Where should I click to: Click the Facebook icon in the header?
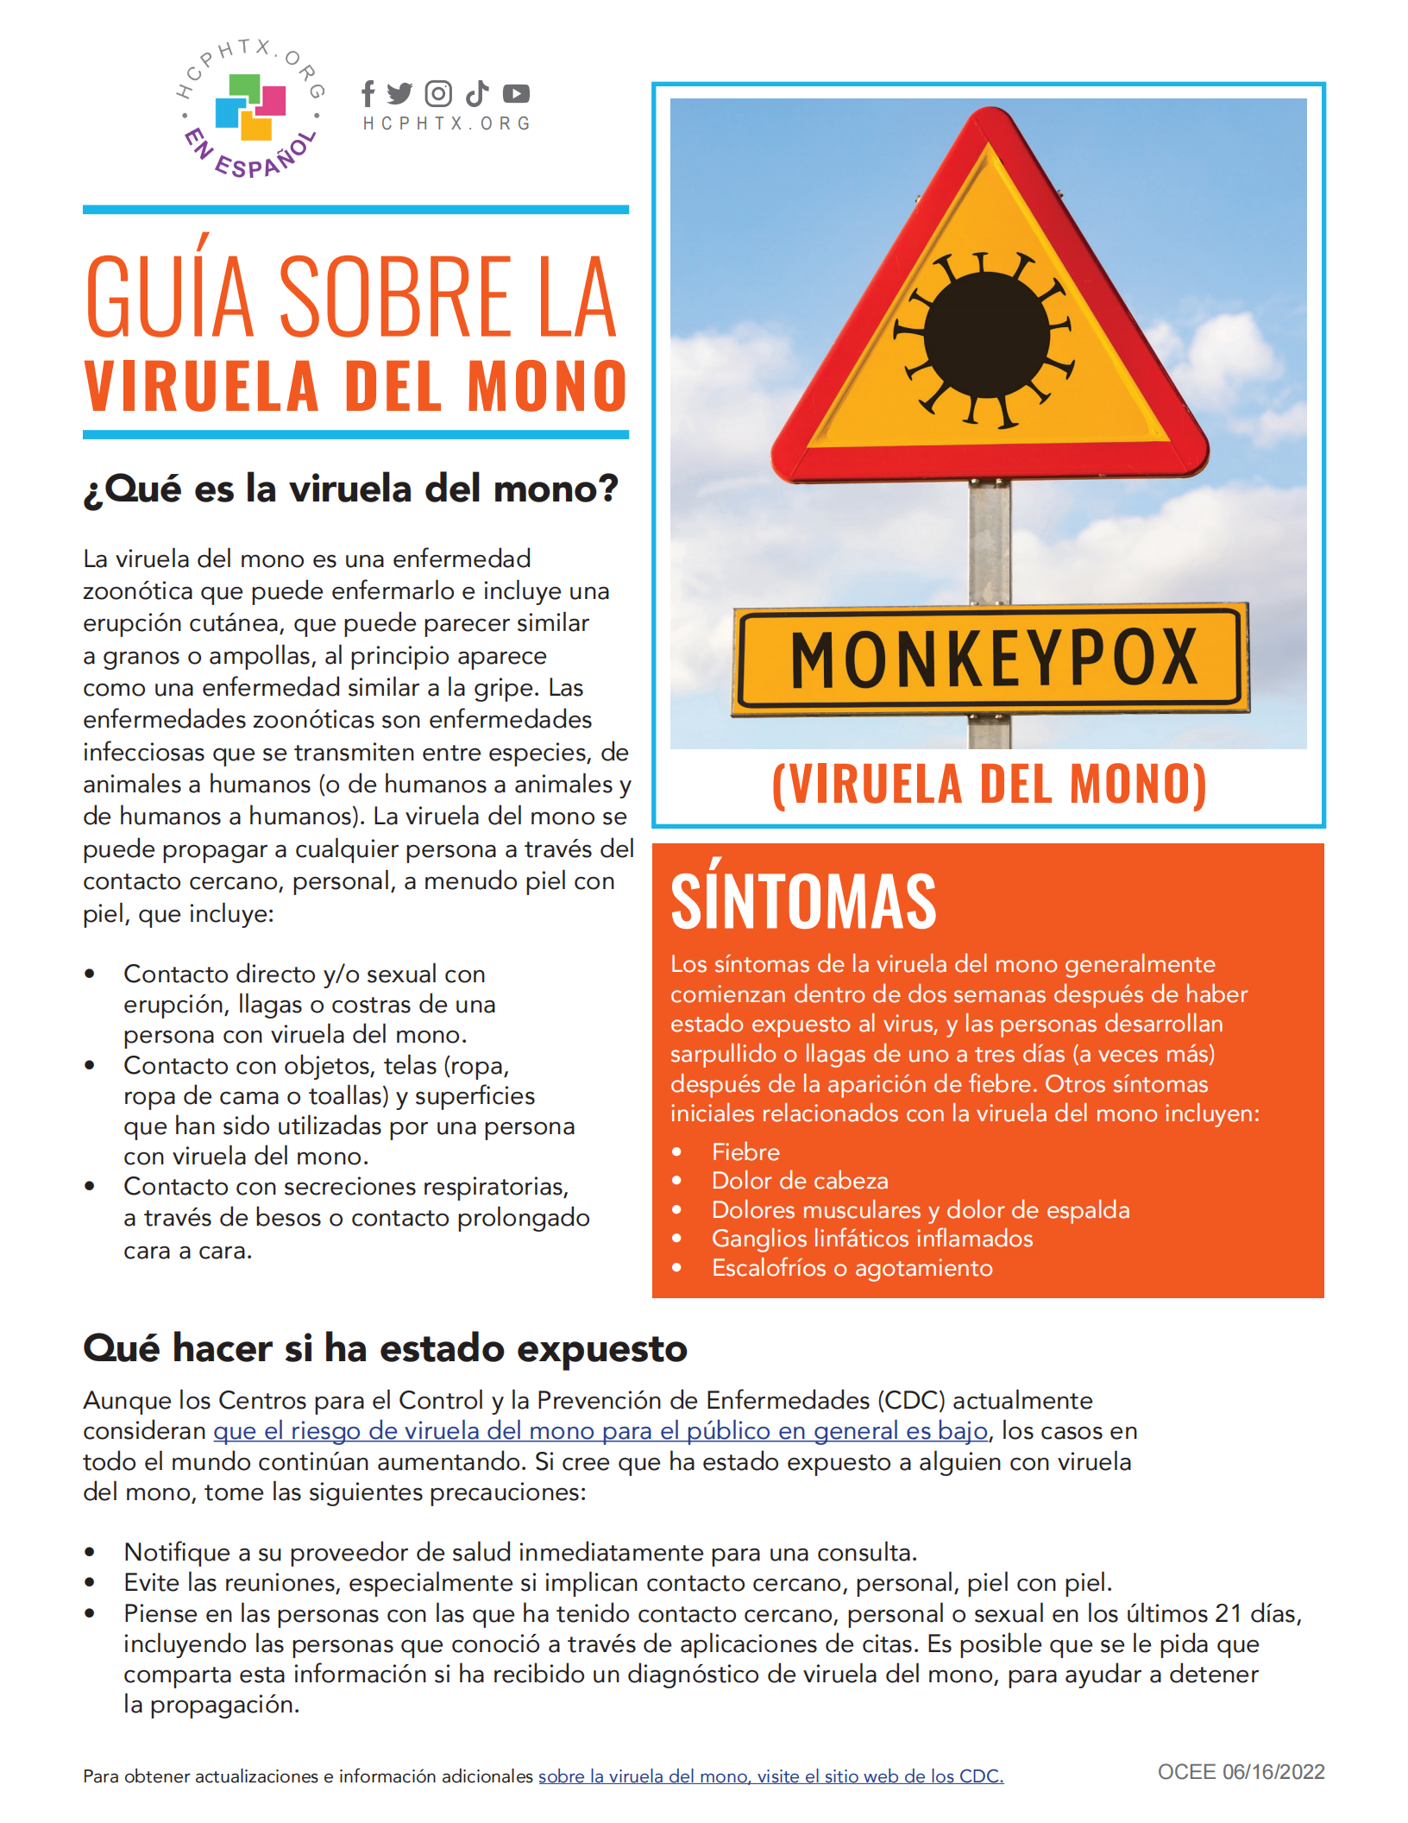(x=368, y=93)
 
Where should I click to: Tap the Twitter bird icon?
(x=399, y=93)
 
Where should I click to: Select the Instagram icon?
(x=438, y=93)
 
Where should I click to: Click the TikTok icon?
(x=477, y=93)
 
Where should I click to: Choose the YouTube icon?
(x=516, y=93)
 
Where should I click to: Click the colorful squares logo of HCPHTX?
(x=250, y=106)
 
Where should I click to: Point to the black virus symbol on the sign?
(x=987, y=335)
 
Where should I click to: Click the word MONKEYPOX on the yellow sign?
(x=993, y=659)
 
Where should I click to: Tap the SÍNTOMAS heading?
(x=803, y=902)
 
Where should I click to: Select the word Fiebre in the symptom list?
(x=745, y=1152)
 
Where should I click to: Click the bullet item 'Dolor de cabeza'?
(x=800, y=1181)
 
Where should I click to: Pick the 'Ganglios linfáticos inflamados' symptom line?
(x=871, y=1239)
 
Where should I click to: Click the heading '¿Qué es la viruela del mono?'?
(x=350, y=489)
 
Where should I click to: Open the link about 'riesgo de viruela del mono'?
(x=600, y=1431)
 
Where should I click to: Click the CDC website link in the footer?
(x=770, y=1776)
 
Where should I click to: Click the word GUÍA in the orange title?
(x=169, y=296)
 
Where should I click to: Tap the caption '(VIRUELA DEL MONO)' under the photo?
(x=989, y=784)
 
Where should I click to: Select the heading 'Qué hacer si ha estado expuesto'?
(x=385, y=1348)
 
